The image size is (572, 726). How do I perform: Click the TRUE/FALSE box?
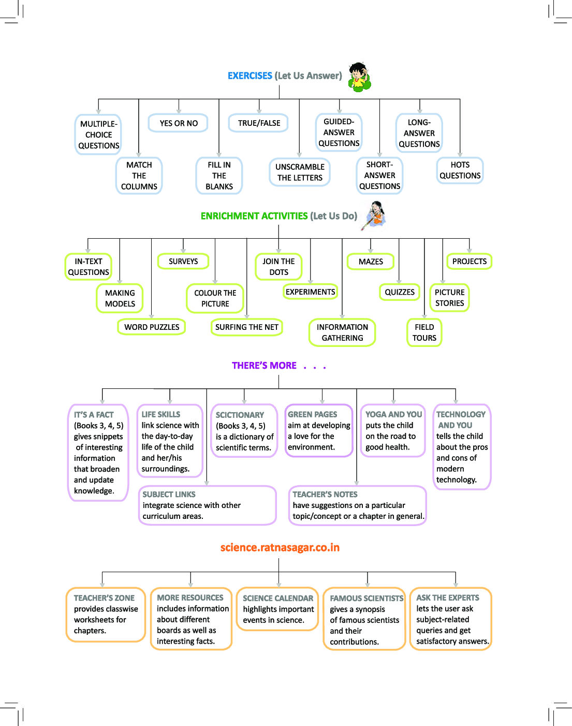coord(259,123)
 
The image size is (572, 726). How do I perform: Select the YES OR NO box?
coord(179,123)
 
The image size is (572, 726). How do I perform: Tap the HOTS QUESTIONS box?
coord(460,170)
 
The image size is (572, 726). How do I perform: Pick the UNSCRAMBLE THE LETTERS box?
coord(300,172)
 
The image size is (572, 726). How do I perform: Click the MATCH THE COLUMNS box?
coord(139,176)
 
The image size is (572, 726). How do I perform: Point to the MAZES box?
coord(371,262)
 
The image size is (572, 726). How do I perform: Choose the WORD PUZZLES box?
coord(152,327)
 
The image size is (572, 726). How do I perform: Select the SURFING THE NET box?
coord(247,327)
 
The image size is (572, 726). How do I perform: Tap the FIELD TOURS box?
coord(424,332)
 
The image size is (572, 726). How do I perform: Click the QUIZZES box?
coord(399,292)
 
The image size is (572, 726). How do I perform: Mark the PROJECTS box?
coord(469,262)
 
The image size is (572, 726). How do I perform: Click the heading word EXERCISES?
coord(250,76)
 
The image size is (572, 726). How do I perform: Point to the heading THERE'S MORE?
coord(264,366)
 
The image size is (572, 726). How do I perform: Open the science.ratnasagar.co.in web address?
coord(280,547)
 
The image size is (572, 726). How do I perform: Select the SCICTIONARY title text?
coord(240,415)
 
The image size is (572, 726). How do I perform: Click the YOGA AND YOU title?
coord(393,414)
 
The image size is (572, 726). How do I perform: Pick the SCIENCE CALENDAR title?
coord(278,598)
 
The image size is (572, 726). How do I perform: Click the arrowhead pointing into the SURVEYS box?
coord(183,251)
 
